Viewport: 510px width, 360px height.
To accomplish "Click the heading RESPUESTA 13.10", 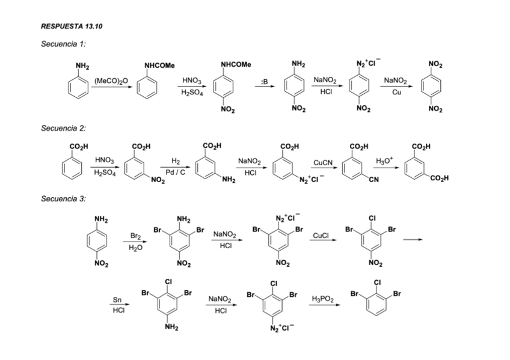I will pyautogui.click(x=67, y=26).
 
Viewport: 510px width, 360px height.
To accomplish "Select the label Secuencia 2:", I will pyautogui.click(x=63, y=128).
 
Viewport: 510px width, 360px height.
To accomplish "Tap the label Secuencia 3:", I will pyautogui.click(x=63, y=199).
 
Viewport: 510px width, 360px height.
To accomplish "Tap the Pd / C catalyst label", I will pyautogui.click(x=176, y=172).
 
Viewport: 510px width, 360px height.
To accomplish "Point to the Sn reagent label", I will pyautogui.click(x=117, y=300).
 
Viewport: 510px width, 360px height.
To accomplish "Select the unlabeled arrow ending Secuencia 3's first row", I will pyautogui.click(x=412, y=240).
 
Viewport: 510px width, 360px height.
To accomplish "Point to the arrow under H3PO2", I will pyautogui.click(x=324, y=305).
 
